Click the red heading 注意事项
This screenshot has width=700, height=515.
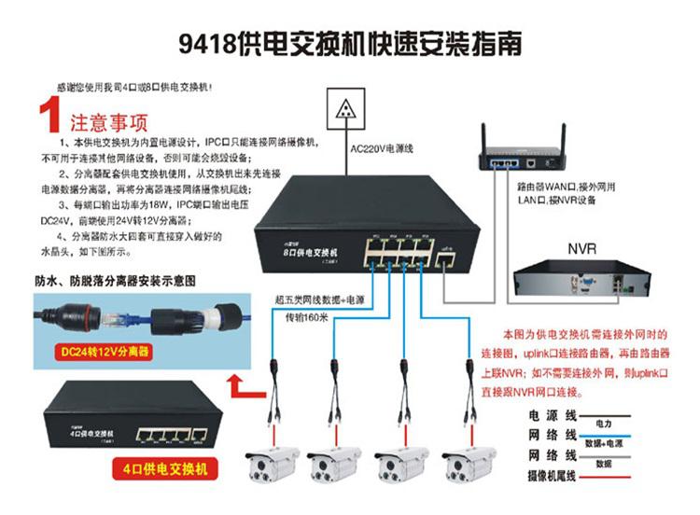106,122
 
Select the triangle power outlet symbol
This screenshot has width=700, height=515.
346,107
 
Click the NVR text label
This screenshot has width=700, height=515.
582,248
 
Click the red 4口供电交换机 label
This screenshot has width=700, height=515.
162,467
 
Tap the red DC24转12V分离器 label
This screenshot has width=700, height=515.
99,354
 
